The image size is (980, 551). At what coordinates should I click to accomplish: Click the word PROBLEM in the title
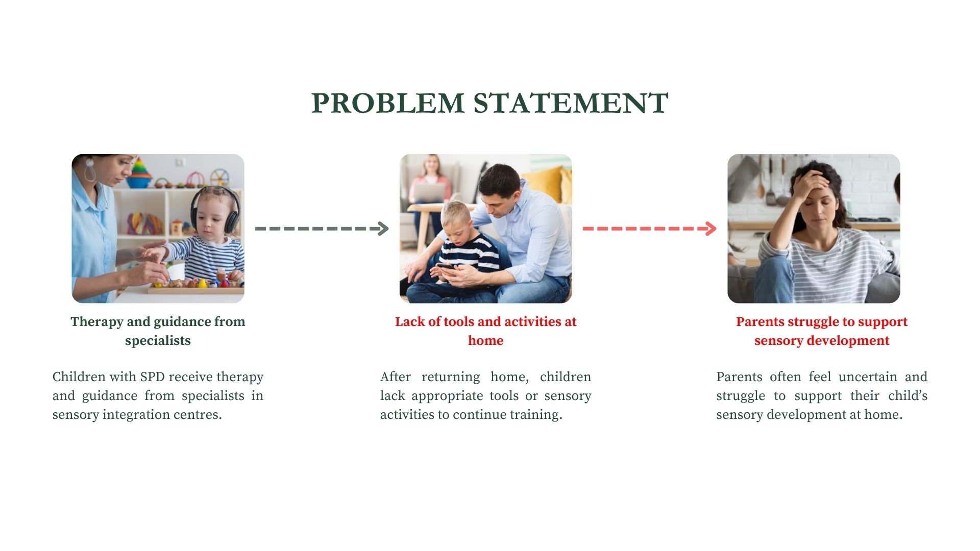pyautogui.click(x=388, y=103)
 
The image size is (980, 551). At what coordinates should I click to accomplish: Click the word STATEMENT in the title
pyautogui.click(x=571, y=103)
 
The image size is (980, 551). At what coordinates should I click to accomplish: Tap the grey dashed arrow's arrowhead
pyautogui.click(x=382, y=229)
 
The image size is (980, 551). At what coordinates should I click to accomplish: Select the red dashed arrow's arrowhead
pyautogui.click(x=710, y=229)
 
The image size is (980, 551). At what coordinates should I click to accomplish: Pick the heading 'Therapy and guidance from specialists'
pyautogui.click(x=158, y=331)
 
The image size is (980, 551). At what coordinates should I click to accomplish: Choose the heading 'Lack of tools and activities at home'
pyautogui.click(x=485, y=331)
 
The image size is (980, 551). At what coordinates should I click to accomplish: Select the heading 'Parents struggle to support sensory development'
pyautogui.click(x=822, y=331)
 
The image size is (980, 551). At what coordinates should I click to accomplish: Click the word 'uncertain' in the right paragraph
pyautogui.click(x=868, y=377)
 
